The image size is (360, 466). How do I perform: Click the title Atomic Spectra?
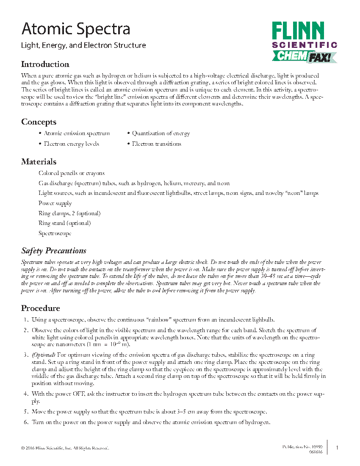click(76, 29)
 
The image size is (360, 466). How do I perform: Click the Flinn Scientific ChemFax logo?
click(304, 42)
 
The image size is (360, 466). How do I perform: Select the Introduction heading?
click(45, 64)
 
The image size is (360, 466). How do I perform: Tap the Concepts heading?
click(39, 122)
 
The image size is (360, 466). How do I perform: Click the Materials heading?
click(39, 162)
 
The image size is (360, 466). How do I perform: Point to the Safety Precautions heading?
click(54, 250)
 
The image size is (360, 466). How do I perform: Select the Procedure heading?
click(41, 308)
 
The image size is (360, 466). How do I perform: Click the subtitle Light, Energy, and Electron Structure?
click(83, 45)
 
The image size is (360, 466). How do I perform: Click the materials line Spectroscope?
click(55, 233)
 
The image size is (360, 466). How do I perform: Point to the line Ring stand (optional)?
click(64, 223)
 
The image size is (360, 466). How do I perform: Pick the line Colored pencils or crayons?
click(71, 173)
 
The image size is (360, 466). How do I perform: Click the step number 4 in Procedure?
click(26, 394)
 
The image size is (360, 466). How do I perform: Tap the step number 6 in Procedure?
click(26, 422)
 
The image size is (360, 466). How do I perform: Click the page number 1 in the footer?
click(337, 448)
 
